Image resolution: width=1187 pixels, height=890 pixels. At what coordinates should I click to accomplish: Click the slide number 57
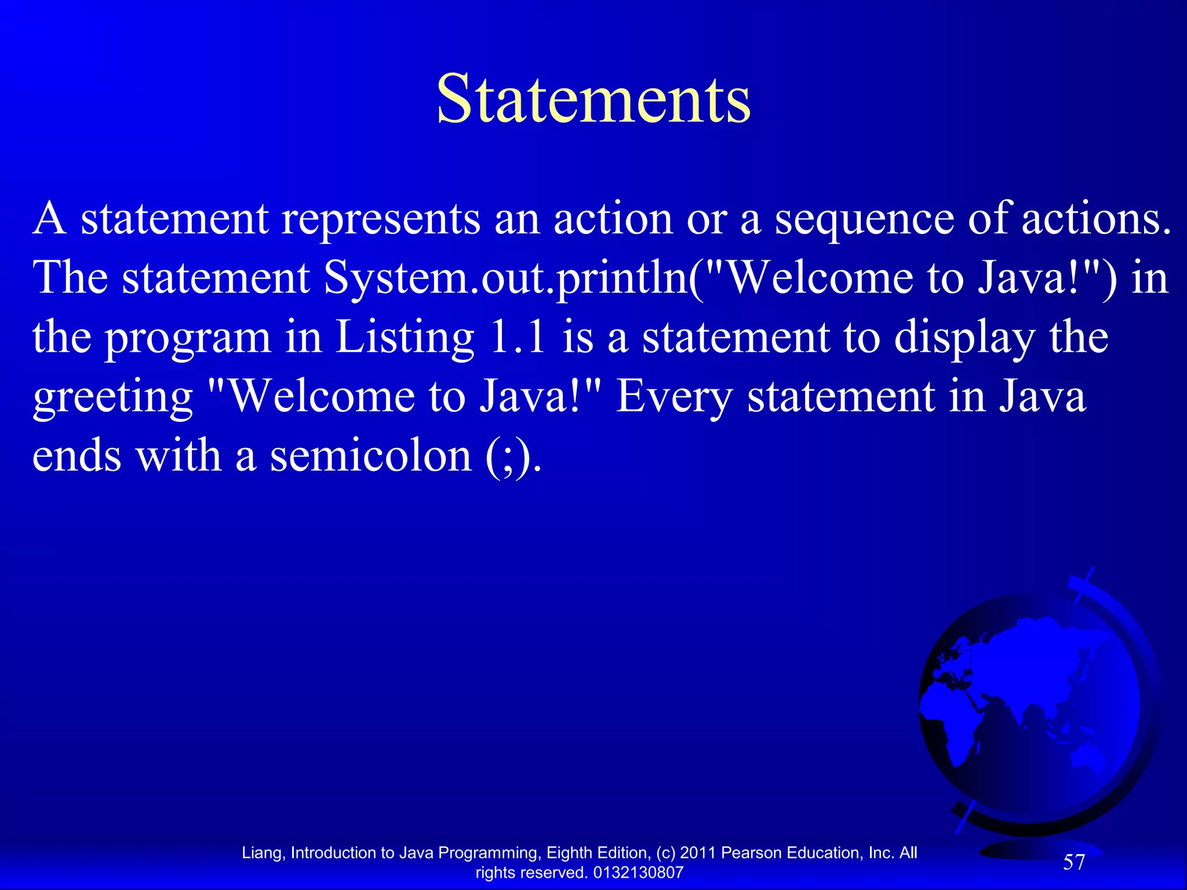1073,862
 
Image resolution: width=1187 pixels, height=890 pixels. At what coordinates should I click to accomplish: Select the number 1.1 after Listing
518,337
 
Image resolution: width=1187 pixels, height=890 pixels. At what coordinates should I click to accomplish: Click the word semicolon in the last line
371,456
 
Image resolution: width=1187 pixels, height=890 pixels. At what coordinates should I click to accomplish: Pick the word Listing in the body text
405,338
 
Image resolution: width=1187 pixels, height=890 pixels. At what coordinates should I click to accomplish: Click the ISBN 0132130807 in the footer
638,873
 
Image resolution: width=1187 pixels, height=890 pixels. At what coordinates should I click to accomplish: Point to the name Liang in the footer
263,853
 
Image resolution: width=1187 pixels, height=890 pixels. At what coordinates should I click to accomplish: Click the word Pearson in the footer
751,853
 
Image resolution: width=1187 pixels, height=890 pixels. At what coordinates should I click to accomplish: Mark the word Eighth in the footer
569,853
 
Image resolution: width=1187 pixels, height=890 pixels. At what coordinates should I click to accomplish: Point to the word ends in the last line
77,456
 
